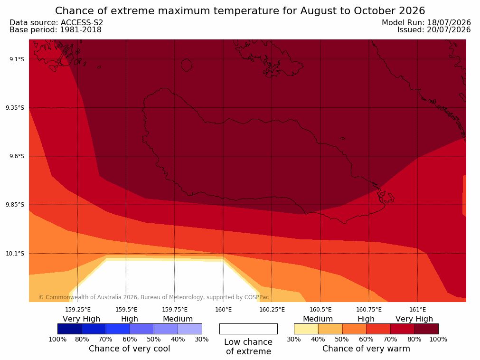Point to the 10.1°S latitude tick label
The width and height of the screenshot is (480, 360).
(15, 254)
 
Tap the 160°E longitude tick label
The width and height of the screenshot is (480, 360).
(224, 310)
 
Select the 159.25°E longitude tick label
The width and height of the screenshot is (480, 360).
(78, 310)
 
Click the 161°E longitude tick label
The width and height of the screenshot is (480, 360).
(418, 310)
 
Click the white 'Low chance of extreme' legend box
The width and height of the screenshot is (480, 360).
(249, 329)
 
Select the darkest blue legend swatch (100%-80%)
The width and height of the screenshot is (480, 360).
(70, 329)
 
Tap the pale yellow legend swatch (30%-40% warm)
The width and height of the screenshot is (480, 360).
(306, 329)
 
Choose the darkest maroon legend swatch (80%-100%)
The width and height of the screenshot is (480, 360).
(426, 329)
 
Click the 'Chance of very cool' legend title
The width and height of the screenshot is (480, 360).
(130, 349)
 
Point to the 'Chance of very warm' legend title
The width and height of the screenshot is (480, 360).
(366, 349)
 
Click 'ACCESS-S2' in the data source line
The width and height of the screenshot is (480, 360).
(82, 23)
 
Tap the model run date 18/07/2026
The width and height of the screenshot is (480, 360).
(449, 23)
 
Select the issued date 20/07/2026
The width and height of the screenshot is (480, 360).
(449, 30)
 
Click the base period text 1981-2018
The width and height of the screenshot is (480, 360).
(81, 30)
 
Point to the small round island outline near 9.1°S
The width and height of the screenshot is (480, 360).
(187, 65)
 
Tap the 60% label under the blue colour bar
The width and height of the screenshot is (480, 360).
(130, 339)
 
